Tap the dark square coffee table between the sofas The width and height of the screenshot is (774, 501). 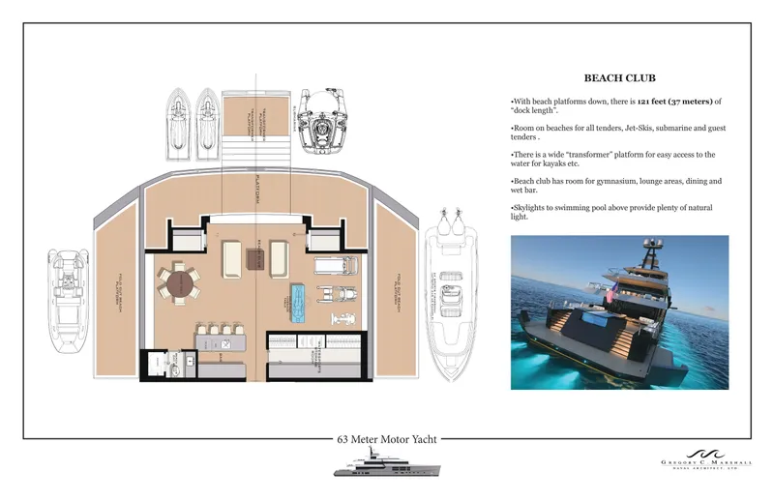(x=254, y=258)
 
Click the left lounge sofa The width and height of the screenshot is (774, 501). (x=233, y=258)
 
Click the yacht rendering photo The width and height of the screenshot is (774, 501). (x=619, y=311)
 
